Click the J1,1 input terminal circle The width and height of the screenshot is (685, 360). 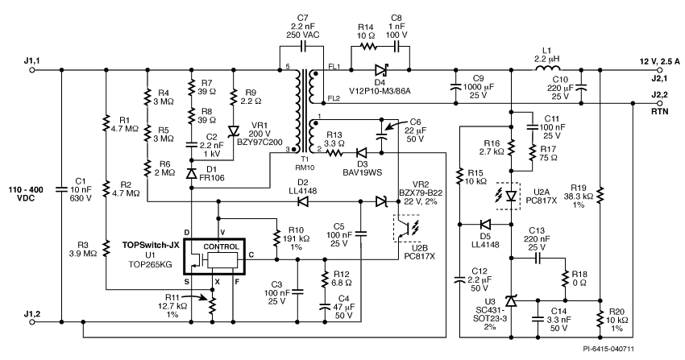pyautogui.click(x=32, y=70)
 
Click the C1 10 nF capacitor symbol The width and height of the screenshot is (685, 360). pyautogui.click(x=61, y=189)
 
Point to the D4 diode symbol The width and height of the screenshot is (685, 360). pyautogui.click(x=381, y=70)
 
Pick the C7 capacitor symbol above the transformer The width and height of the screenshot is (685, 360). pyautogui.click(x=302, y=45)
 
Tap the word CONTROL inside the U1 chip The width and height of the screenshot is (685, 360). pyautogui.click(x=222, y=246)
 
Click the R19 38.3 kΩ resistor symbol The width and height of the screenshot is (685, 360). pyautogui.click(x=600, y=195)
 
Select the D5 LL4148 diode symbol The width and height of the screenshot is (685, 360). pyautogui.click(x=485, y=225)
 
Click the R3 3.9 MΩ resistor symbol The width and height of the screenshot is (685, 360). pyautogui.click(x=106, y=247)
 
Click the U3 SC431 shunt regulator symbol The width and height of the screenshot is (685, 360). pyautogui.click(x=511, y=300)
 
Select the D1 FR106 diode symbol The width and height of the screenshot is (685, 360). pyautogui.click(x=191, y=174)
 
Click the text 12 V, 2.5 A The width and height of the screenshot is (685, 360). pyautogui.click(x=658, y=61)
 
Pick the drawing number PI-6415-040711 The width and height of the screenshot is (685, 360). pyautogui.click(x=608, y=349)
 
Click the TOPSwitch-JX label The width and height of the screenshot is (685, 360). pyautogui.click(x=150, y=245)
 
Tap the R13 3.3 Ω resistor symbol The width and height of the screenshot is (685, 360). pyautogui.click(x=334, y=153)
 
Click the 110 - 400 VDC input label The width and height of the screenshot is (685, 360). pyautogui.click(x=27, y=194)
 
